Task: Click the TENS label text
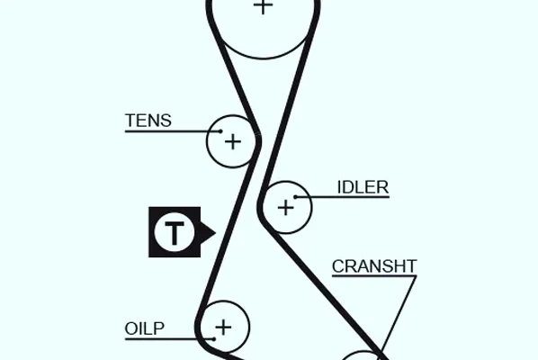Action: coord(148,121)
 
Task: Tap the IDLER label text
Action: coord(363,187)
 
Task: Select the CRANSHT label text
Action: coord(374,266)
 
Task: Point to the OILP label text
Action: coord(145,328)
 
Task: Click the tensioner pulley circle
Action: coord(207,141)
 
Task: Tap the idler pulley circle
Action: coord(311,207)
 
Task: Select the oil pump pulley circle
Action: coord(249,327)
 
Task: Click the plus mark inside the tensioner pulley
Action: coord(233,141)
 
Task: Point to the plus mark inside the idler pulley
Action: coord(285,208)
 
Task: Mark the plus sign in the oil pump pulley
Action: coord(223,327)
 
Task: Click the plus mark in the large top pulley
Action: coord(263,5)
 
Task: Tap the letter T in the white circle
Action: coord(175,232)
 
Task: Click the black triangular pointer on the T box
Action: coord(208,232)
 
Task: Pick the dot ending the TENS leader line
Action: coord(220,131)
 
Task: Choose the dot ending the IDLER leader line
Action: coord(295,197)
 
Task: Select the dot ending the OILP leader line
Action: coord(214,339)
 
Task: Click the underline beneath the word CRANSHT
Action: coord(374,275)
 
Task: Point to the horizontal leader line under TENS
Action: coord(173,131)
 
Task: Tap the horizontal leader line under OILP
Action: coord(169,339)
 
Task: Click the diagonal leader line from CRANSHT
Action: coord(399,314)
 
